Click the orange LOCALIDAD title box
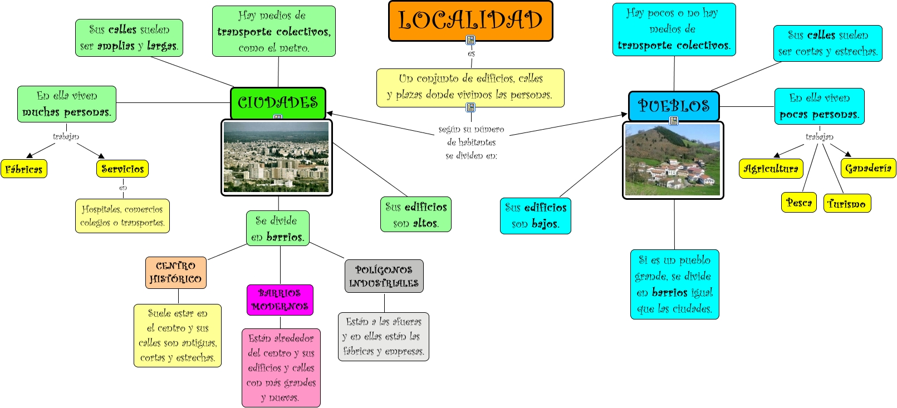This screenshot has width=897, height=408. [x=470, y=20]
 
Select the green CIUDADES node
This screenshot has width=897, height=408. [x=278, y=102]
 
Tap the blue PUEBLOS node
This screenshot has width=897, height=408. [x=674, y=105]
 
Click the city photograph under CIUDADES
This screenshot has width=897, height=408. [x=276, y=158]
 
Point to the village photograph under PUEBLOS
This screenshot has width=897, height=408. [x=673, y=160]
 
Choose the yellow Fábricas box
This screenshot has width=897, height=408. [x=24, y=169]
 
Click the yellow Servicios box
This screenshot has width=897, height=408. [x=122, y=169]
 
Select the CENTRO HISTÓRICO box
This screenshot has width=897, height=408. [x=176, y=273]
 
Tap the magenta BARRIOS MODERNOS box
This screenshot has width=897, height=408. [x=280, y=300]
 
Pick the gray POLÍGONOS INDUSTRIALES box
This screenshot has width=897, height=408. [x=384, y=277]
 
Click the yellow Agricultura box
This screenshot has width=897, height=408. [x=771, y=169]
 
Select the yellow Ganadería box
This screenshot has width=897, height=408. [x=868, y=168]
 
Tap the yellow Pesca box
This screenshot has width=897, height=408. [x=799, y=203]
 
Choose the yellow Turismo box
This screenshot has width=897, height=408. [x=847, y=204]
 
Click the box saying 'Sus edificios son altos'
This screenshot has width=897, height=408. [x=416, y=215]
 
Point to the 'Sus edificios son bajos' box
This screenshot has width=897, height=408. [x=536, y=216]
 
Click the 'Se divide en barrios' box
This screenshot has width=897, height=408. [x=277, y=228]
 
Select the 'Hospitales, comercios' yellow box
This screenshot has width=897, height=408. [x=122, y=216]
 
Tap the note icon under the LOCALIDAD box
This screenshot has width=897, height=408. [x=470, y=40]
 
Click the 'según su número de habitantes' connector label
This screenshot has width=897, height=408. [x=471, y=142]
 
